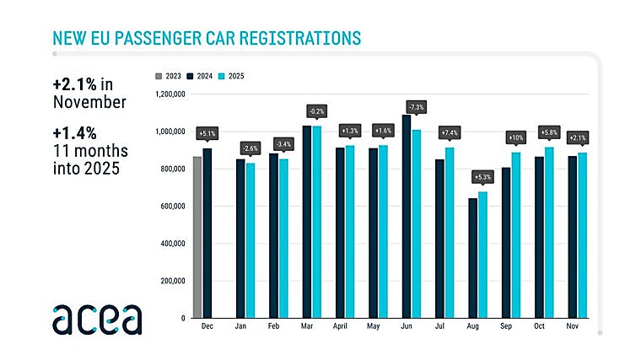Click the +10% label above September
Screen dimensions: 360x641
click(515, 137)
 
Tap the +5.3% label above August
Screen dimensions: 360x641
click(482, 177)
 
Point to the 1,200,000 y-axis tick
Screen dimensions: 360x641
click(169, 94)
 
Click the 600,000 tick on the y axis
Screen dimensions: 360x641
click(171, 207)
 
